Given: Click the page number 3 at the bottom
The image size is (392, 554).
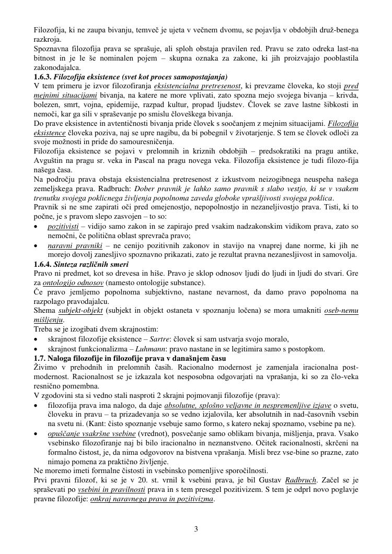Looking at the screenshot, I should tap(196, 529).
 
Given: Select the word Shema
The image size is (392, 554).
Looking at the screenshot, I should tap(44, 311).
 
